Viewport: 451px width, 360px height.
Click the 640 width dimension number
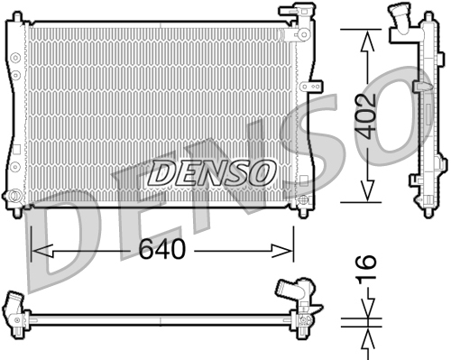162,249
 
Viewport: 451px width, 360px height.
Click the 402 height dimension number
365,116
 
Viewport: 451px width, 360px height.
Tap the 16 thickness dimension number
366,268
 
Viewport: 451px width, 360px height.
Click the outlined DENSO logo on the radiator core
211,173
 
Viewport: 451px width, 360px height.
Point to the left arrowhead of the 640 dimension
42,251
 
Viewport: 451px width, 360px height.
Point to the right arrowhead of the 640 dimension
281,251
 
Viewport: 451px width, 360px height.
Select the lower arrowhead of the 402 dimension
367,191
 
